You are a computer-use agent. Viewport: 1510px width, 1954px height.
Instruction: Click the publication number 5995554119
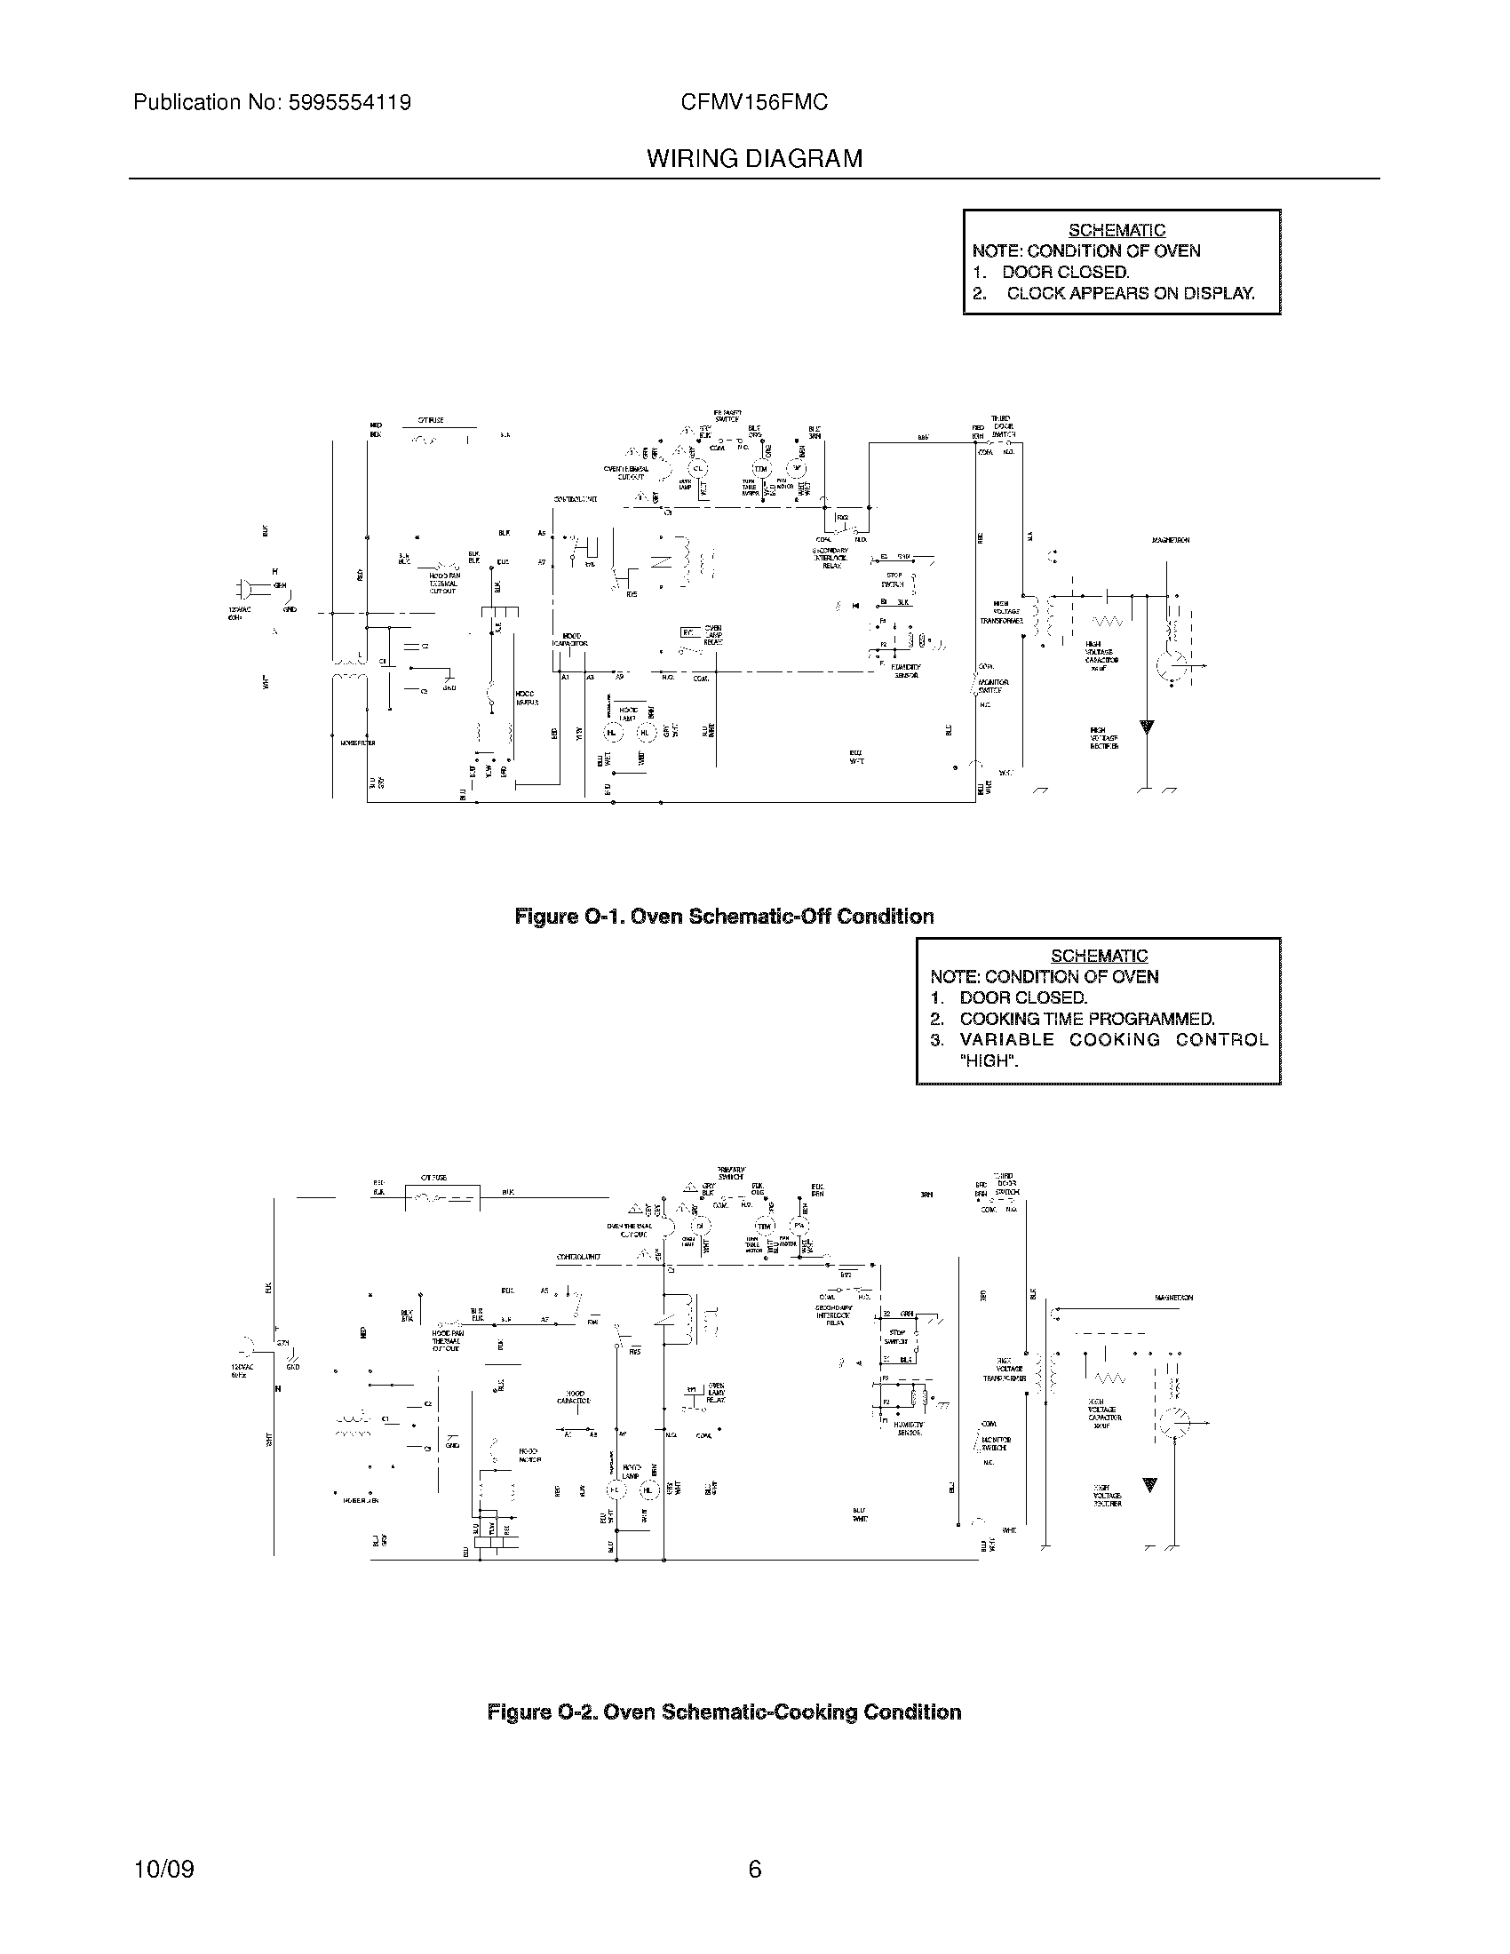349,103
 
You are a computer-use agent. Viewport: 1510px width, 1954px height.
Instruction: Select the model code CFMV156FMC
754,103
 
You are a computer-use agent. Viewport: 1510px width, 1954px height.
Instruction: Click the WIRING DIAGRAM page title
754,159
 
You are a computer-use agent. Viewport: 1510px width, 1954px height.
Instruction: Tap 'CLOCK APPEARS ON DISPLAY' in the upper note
1130,293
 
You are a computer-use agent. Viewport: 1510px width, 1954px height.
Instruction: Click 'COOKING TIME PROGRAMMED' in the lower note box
1086,1019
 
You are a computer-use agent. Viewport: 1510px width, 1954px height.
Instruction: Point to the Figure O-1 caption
724,917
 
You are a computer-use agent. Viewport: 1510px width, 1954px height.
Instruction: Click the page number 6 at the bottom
754,1869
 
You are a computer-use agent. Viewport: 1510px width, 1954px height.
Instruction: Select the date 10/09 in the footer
163,1869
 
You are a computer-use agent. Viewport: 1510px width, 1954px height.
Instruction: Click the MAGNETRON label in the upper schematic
1170,540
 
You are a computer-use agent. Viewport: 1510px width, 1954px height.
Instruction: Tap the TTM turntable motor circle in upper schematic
760,469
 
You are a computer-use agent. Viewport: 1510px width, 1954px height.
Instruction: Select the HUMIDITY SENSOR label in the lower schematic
909,1429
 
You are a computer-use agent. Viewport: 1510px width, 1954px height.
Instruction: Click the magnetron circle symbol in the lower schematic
1173,1423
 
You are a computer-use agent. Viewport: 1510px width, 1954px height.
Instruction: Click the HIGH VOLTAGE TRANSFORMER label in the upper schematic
1000,613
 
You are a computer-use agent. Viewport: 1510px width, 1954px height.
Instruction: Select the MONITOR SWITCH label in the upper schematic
993,687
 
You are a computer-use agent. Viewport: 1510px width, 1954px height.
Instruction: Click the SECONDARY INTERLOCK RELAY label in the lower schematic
834,1315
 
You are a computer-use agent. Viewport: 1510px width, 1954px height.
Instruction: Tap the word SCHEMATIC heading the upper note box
1117,231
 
